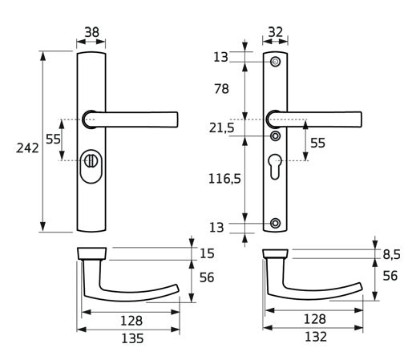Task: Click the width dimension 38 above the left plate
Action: pos(92,33)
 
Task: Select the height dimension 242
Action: pos(26,148)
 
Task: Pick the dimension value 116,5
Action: pos(225,180)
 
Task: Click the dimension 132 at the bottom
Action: pos(316,337)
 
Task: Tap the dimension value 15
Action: pos(207,253)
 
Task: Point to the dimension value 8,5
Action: pos(390,254)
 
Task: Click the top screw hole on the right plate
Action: pos(275,62)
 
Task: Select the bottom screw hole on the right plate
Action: pos(275,222)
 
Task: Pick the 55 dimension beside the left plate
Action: pos(53,138)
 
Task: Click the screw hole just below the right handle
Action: pos(275,136)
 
